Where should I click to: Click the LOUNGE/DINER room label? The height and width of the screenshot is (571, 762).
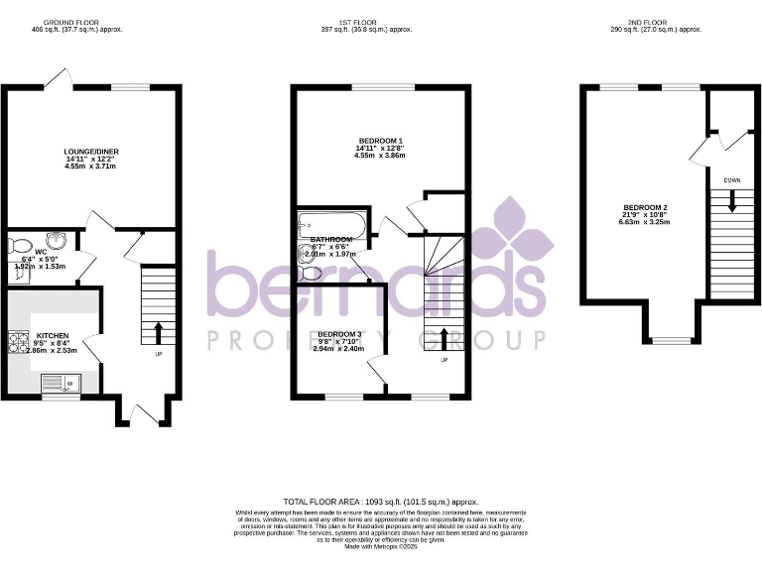click(x=91, y=152)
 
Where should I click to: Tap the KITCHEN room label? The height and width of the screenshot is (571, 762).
click(x=52, y=336)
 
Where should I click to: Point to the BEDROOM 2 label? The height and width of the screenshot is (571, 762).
click(x=645, y=207)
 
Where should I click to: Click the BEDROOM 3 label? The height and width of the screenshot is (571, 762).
click(x=337, y=335)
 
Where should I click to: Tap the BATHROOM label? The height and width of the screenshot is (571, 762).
click(x=330, y=240)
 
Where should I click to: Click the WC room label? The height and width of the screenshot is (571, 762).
click(x=41, y=252)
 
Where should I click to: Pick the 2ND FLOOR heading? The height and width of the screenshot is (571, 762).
click(x=656, y=22)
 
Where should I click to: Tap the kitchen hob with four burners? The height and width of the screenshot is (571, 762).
click(x=20, y=343)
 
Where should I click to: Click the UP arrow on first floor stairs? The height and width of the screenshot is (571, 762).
click(x=443, y=336)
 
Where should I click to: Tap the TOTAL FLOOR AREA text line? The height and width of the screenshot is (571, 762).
click(x=381, y=502)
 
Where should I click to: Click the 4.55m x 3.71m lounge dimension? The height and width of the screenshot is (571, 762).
click(x=91, y=167)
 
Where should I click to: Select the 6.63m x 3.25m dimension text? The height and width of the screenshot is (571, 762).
click(x=645, y=222)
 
